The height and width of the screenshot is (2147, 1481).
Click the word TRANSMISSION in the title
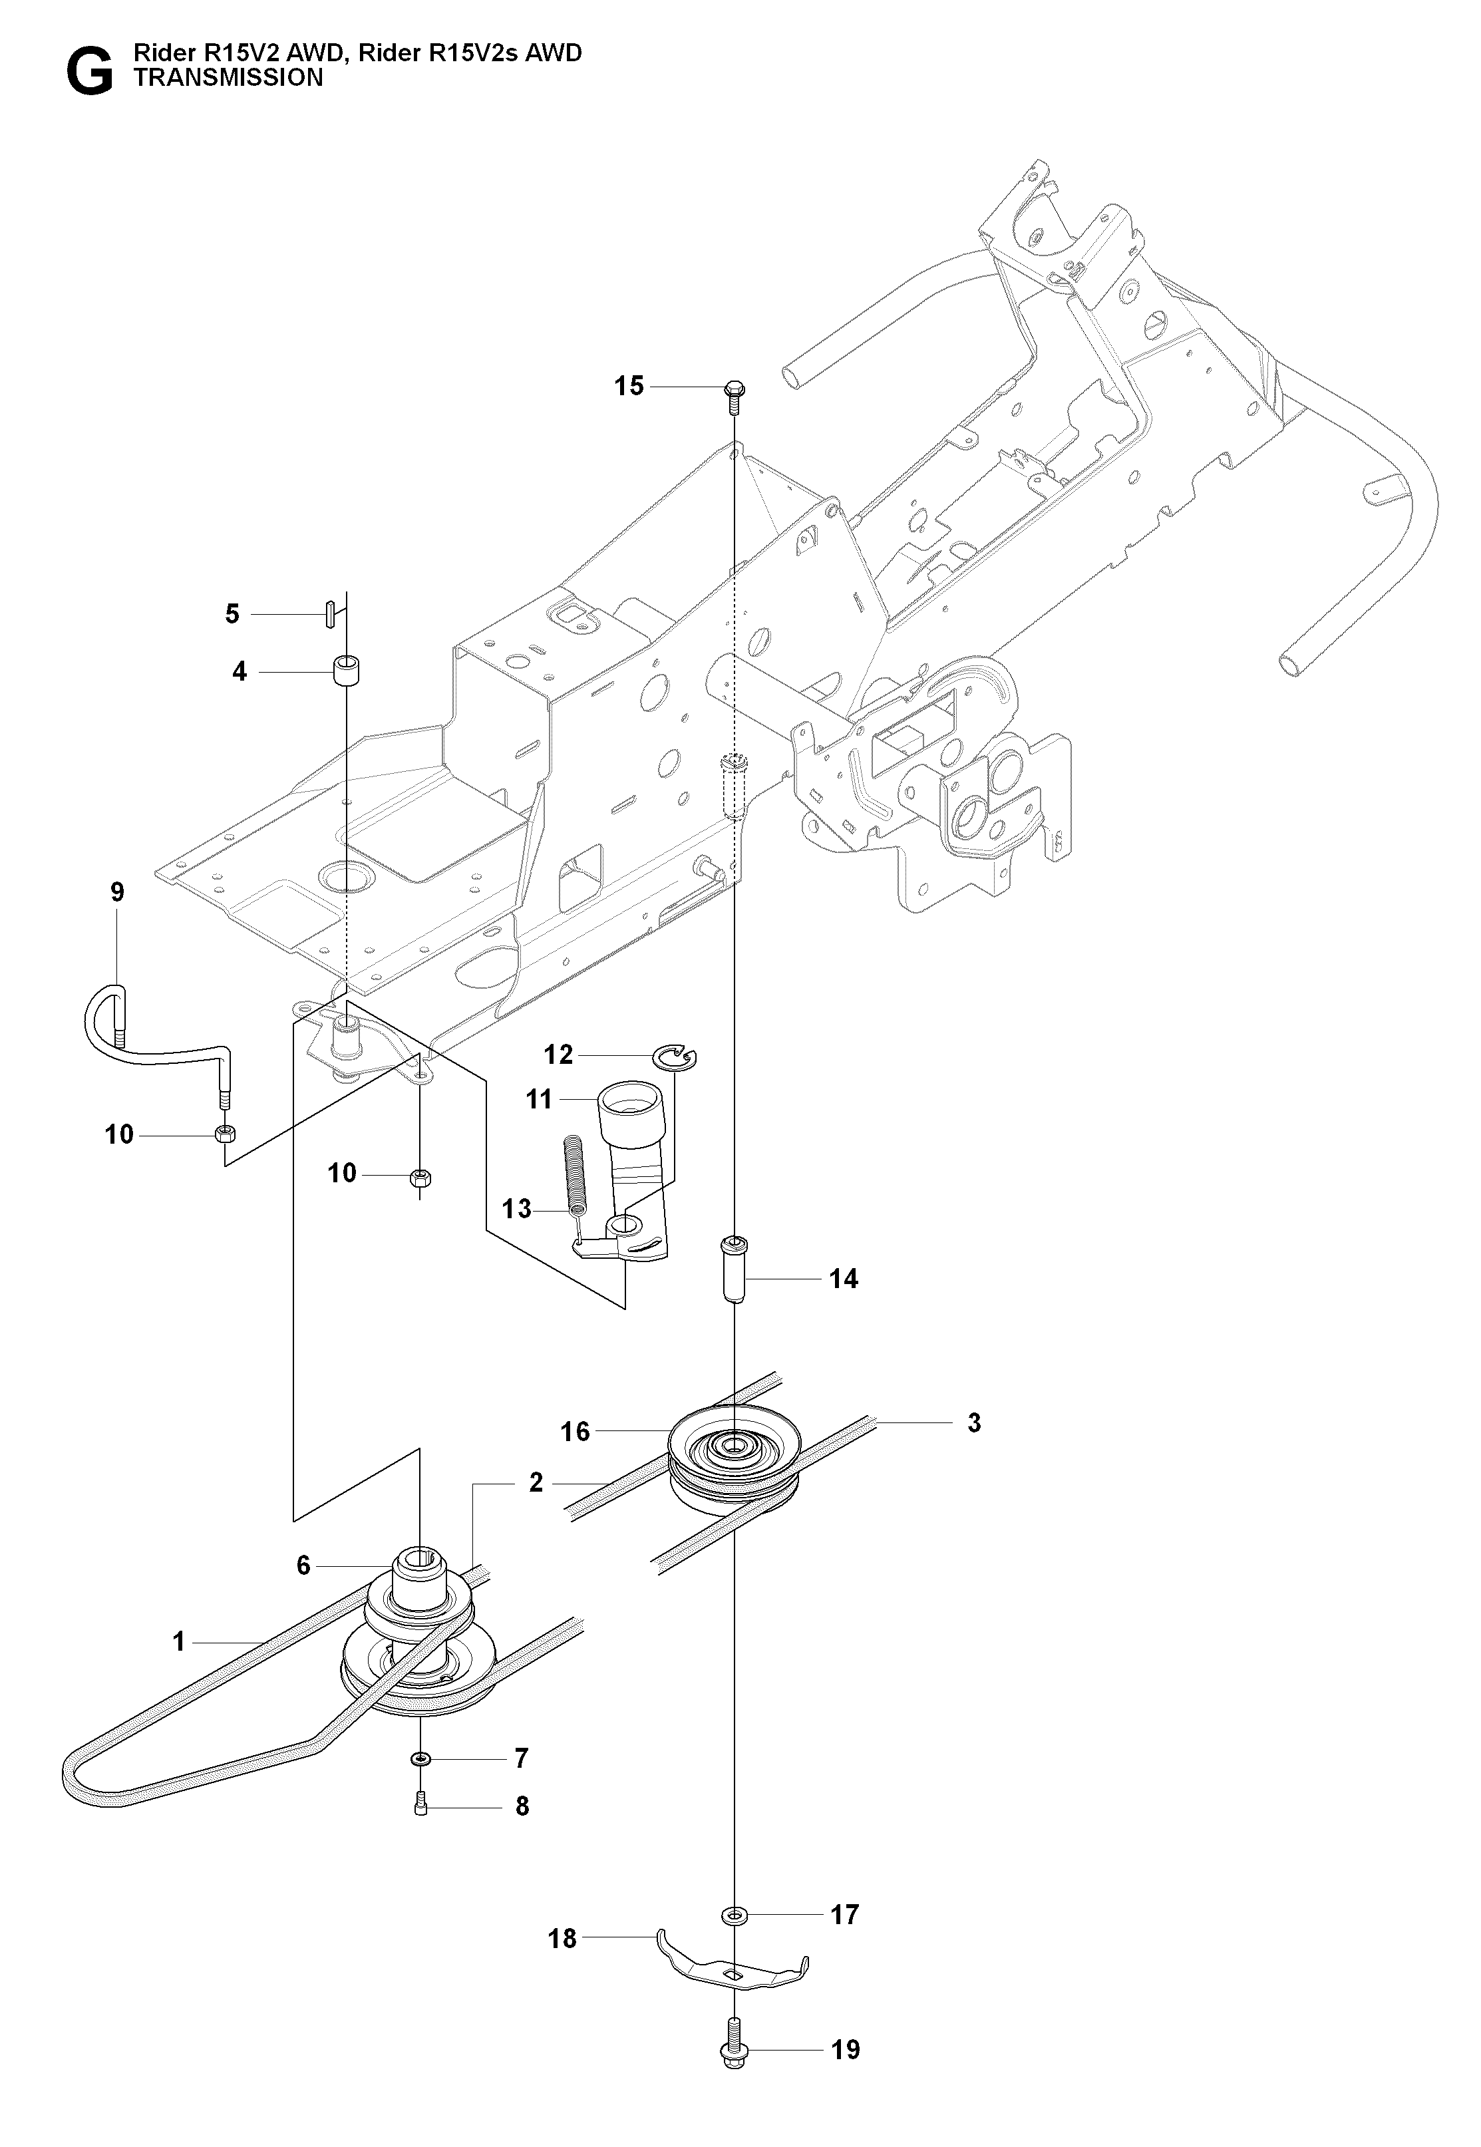228,78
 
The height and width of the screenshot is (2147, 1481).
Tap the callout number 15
629,386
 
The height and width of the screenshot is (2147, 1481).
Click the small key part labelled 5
329,614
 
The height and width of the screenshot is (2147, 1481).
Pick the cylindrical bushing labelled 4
347,670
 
